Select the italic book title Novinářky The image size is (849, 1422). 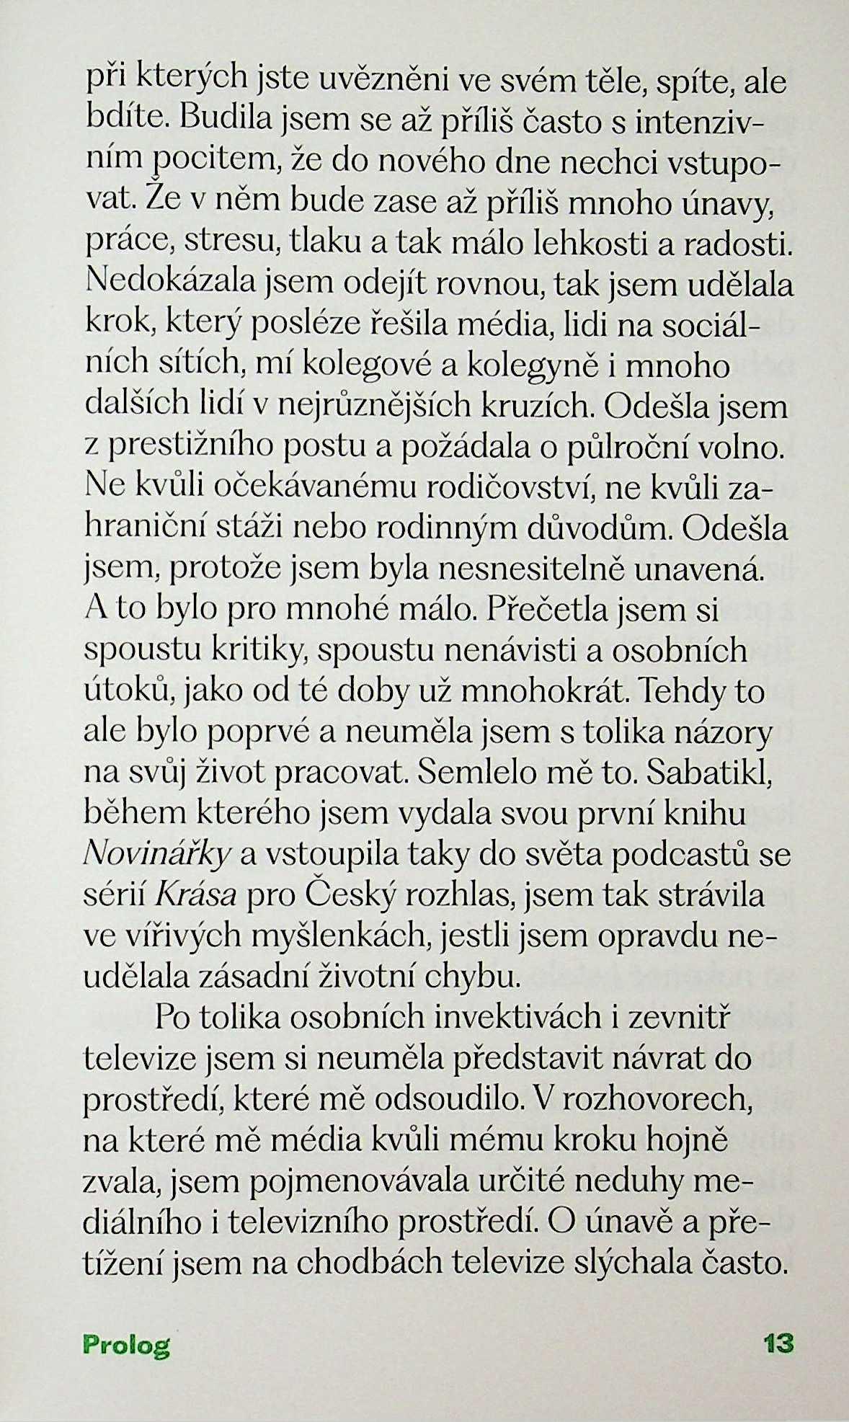tap(157, 856)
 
